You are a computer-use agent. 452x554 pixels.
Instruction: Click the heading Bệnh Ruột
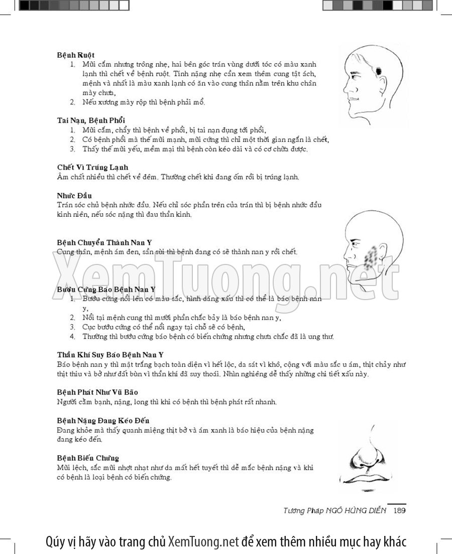click(x=76, y=55)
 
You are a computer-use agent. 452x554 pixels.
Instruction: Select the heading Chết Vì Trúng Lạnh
click(x=92, y=167)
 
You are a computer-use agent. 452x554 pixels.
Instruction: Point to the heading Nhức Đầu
click(x=74, y=195)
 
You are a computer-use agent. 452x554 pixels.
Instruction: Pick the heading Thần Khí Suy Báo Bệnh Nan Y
click(x=110, y=354)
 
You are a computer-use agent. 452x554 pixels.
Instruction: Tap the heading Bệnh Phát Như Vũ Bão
click(x=97, y=392)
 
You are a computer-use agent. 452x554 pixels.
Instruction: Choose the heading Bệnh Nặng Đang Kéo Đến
click(x=103, y=421)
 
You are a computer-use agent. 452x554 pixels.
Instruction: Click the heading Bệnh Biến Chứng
click(x=88, y=458)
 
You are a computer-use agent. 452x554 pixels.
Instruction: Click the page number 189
click(x=399, y=510)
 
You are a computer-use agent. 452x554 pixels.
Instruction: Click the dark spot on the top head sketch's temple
click(x=378, y=72)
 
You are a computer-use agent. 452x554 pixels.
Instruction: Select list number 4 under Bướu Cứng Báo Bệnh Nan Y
click(x=72, y=337)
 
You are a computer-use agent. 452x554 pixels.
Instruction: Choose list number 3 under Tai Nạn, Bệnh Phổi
click(x=72, y=149)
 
